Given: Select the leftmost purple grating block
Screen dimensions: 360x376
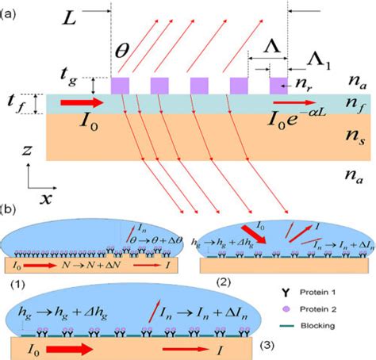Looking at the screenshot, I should pyautogui.click(x=120, y=84).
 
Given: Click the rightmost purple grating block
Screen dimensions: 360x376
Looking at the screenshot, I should pyautogui.click(x=278, y=84).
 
